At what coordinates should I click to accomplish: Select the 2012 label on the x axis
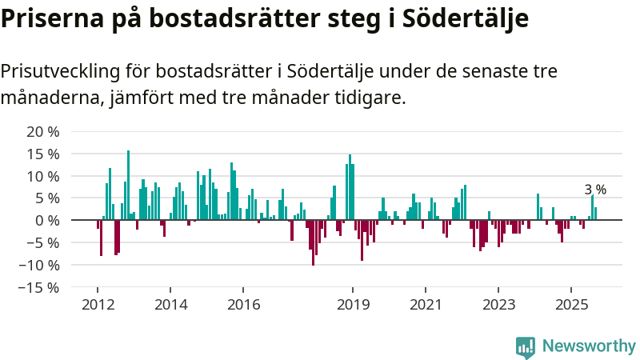tap(98, 305)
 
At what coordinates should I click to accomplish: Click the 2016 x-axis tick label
tap(243, 305)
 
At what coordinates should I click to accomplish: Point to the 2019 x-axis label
tap(353, 305)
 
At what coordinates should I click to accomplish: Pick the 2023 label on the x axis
tap(498, 305)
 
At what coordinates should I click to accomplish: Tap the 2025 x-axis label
tap(571, 305)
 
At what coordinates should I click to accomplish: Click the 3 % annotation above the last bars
tap(595, 190)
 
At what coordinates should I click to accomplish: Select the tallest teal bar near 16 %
tap(128, 184)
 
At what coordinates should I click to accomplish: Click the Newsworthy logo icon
tap(526, 346)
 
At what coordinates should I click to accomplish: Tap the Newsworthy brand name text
tap(589, 346)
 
